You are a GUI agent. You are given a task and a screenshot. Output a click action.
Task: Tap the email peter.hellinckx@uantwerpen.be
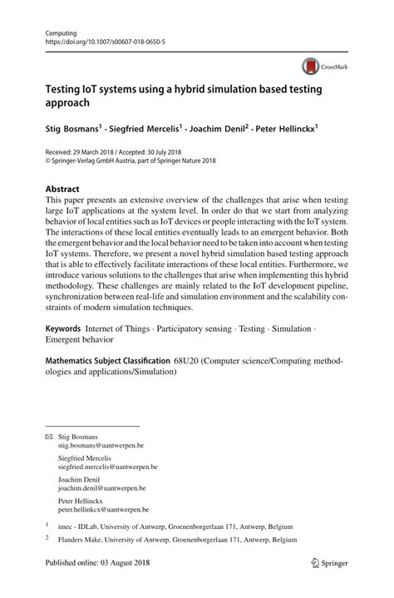[97, 509]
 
